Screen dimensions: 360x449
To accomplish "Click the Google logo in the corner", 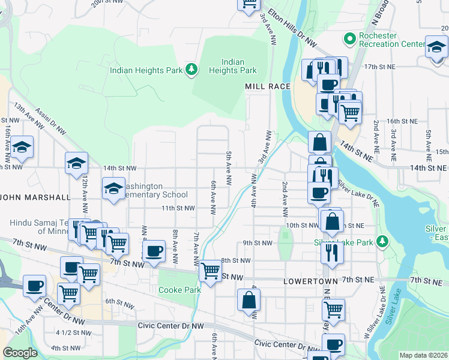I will point(20,353).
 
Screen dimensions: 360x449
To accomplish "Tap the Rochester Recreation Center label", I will point(392,40).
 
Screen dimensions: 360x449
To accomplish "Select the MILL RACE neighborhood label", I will point(268,86).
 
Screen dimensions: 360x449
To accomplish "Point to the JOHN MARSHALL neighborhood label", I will point(36,197).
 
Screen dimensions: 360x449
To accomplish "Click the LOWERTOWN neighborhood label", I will point(308,280).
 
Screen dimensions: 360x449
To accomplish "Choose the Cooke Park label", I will point(179,290).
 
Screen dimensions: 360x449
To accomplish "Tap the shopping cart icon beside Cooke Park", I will point(210,271).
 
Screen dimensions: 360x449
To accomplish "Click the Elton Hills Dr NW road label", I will point(293,28).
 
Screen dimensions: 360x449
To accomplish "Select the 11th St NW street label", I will point(178,208).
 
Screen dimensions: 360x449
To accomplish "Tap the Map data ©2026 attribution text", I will point(423,355).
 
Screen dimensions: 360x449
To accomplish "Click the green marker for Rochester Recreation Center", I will point(349,40).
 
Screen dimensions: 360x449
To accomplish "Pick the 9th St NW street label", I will point(258,243).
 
